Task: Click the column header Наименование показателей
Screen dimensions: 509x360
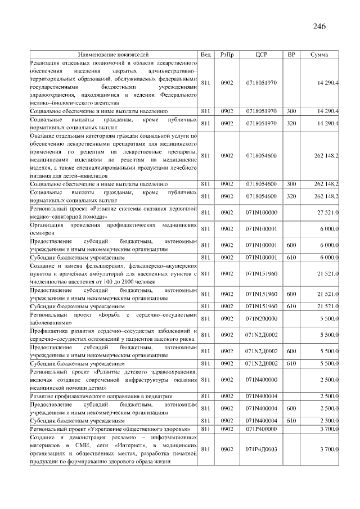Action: [x=113, y=55]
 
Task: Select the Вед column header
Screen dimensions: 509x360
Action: [x=206, y=55]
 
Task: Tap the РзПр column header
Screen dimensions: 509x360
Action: [x=227, y=55]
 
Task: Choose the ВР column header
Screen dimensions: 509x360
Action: [x=291, y=55]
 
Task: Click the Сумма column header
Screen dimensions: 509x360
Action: [x=319, y=55]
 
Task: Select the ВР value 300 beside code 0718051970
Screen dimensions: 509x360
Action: [x=291, y=111]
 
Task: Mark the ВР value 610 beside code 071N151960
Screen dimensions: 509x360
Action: [x=291, y=306]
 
